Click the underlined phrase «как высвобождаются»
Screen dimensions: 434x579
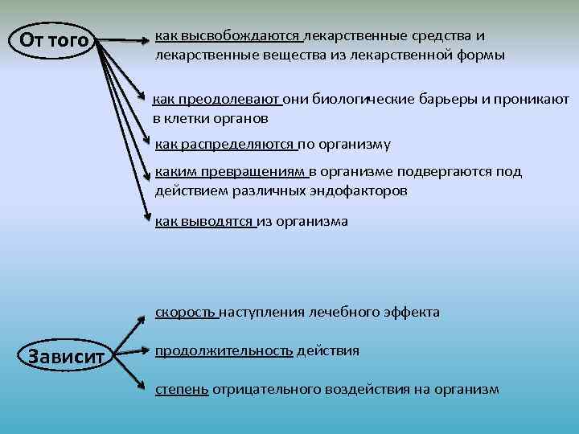[x=228, y=36]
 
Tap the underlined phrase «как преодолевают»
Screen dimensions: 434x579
[x=217, y=99]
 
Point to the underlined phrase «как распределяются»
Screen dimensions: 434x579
[x=225, y=144]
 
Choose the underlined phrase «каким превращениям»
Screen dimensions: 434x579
[x=231, y=171]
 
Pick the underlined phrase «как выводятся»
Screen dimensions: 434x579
[x=204, y=221]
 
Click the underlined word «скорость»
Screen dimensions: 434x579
[x=186, y=312]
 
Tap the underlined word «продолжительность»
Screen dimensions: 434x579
[x=224, y=351]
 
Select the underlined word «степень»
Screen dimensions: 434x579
[x=182, y=389]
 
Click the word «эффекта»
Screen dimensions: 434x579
[x=413, y=312]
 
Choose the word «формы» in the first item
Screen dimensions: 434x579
[x=483, y=55]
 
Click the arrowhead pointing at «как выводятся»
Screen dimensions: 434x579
[x=147, y=215]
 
